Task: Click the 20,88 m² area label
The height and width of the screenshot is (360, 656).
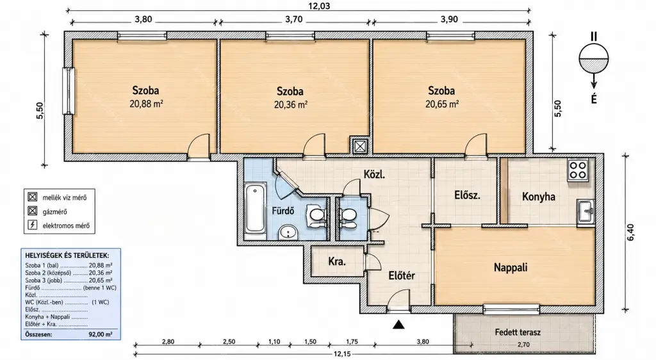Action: coord(146,104)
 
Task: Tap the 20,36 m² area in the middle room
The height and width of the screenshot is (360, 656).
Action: coord(291,104)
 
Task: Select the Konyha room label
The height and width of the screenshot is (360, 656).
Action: coord(538,197)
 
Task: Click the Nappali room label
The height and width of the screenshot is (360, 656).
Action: coord(511,268)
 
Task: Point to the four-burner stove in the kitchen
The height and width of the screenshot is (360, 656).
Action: coord(578,170)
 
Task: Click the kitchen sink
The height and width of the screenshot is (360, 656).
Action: coord(586,212)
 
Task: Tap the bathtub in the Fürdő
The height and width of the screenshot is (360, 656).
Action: coord(255,209)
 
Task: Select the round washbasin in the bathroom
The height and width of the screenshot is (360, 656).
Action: coord(288,231)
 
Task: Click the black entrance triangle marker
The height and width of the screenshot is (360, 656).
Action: coord(398,324)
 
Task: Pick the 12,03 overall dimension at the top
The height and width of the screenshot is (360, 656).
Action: coord(319,5)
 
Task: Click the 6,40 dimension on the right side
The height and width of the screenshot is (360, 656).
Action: coord(630,233)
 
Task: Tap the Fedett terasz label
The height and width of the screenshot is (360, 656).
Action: coord(518,333)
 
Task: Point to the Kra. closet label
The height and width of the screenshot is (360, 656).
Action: coord(337,262)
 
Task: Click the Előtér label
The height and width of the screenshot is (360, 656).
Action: coord(402,276)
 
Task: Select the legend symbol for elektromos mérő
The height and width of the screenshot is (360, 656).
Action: coord(32,225)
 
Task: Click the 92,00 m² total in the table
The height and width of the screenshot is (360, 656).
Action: coord(100,334)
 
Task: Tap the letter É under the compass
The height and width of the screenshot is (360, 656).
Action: coord(594,99)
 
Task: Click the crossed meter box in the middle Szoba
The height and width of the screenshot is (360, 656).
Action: coord(359,146)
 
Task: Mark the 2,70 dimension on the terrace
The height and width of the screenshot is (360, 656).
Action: coord(523,345)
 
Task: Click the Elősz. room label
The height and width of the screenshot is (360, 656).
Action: coord(467,195)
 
